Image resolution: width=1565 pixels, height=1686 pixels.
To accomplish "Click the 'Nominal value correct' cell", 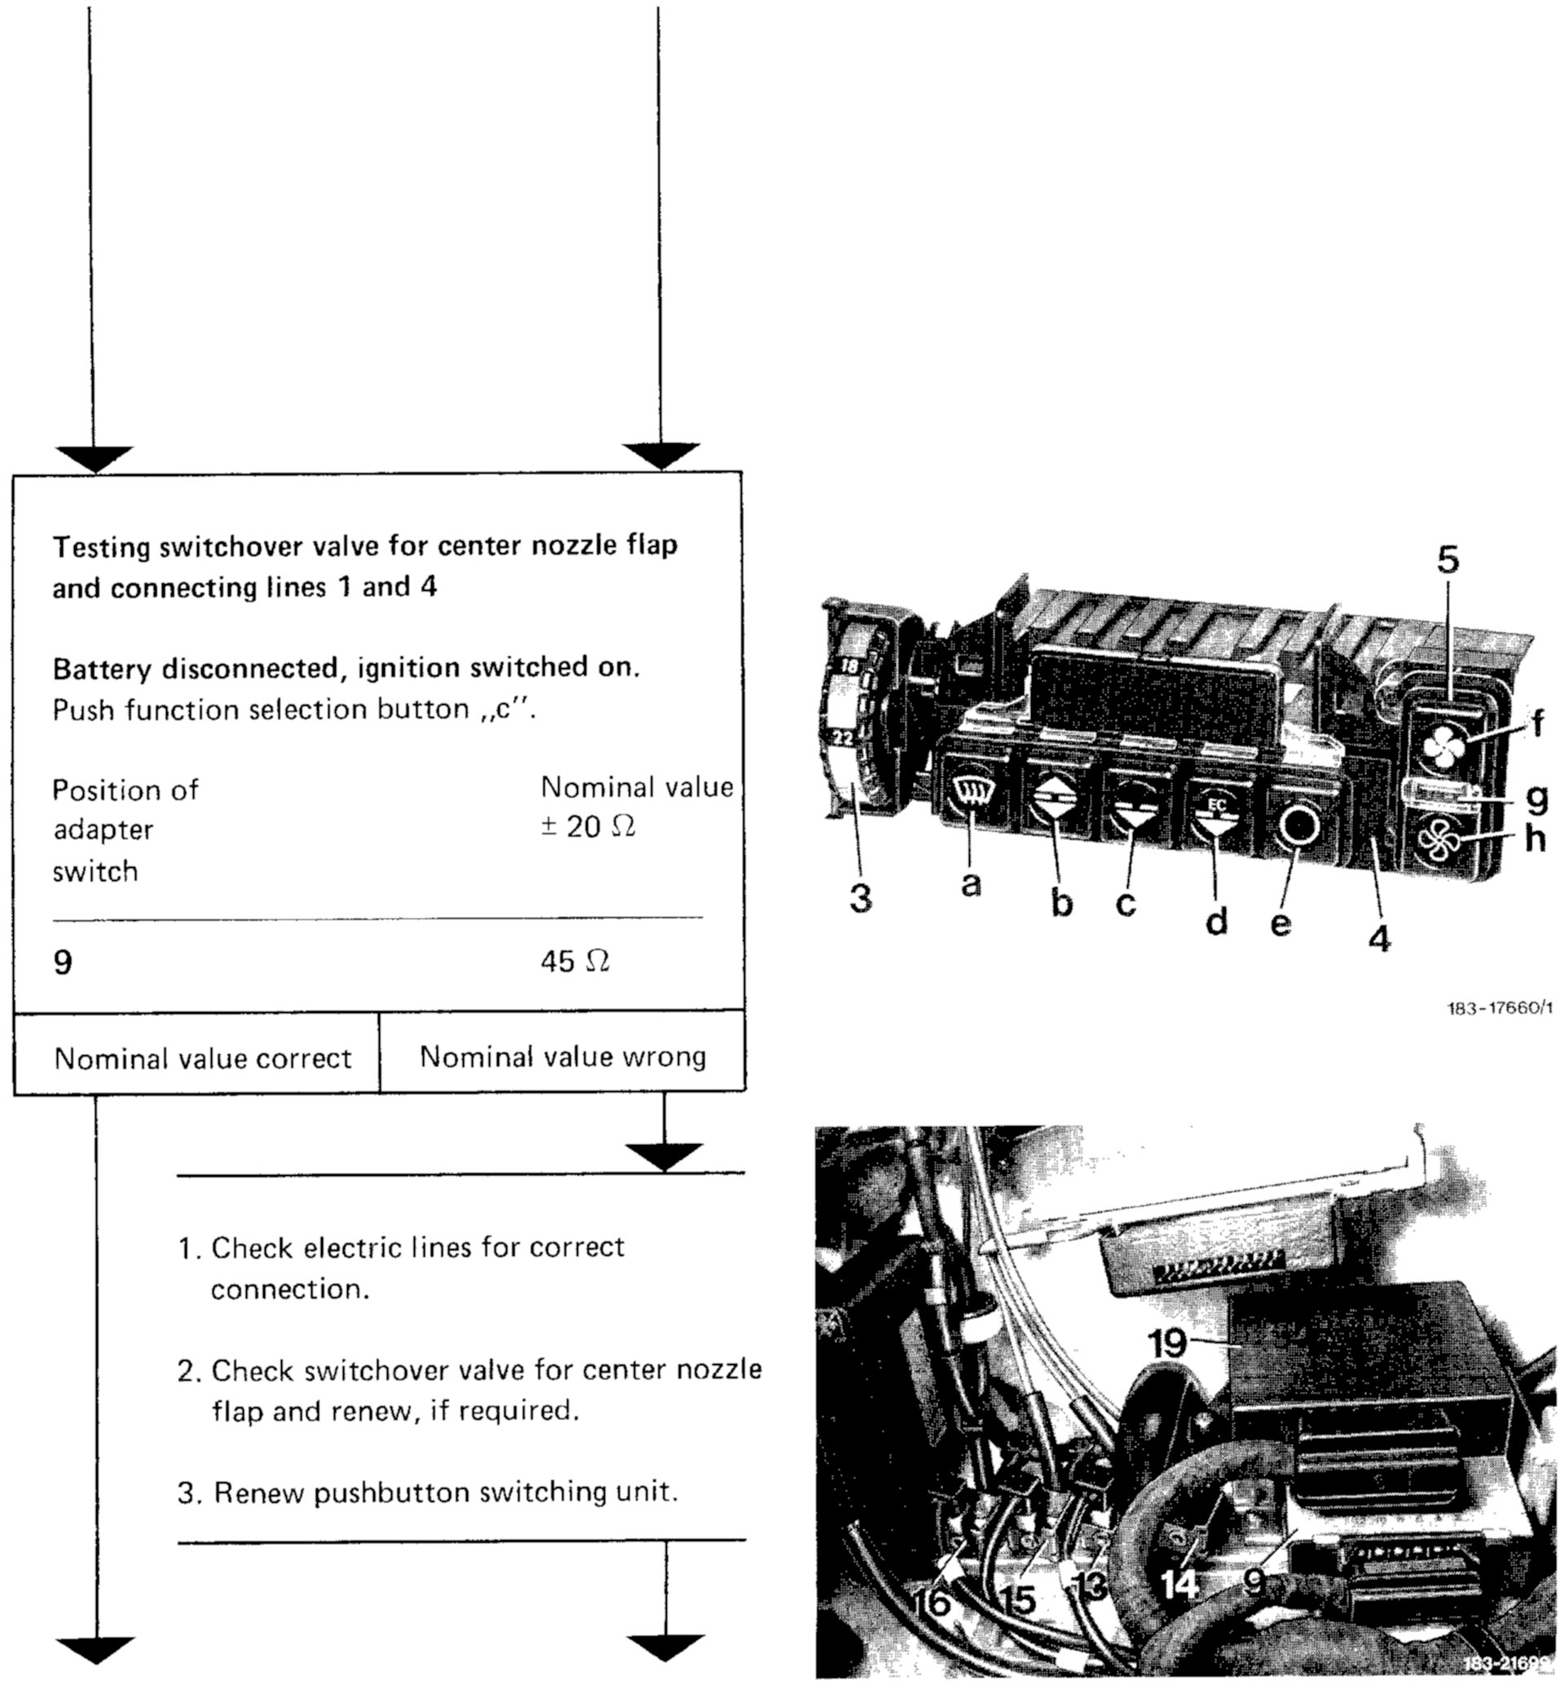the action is tap(202, 1059).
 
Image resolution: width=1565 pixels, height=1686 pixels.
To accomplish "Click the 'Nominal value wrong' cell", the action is tap(562, 1057).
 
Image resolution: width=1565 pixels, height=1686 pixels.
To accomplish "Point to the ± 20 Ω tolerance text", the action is tap(588, 826).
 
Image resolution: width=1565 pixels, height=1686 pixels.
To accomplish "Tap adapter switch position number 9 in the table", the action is tap(63, 963).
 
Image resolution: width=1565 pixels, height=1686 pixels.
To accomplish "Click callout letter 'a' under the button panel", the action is tap(972, 884).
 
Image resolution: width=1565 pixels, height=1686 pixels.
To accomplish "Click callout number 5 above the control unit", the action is tap(1448, 561).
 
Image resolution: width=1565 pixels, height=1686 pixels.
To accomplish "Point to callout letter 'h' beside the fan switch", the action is tap(1535, 839).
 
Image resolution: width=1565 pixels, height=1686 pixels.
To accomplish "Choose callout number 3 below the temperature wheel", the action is tap(861, 899).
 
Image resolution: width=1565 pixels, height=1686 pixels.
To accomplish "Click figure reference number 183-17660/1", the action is tap(1499, 1009).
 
